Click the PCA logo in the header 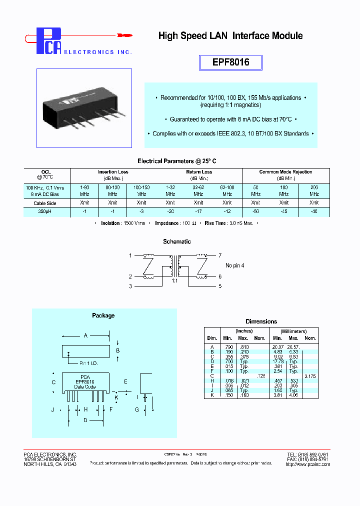[50, 41]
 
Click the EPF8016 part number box [230, 62]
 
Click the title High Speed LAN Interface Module [230, 36]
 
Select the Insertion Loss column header [112, 172]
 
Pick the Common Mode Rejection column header [285, 172]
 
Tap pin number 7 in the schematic [220, 255]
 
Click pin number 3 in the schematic [130, 286]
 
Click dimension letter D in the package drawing [85, 420]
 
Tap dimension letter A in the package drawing [86, 335]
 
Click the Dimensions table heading [261, 321]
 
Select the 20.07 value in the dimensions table [278, 347]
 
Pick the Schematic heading [177, 241]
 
